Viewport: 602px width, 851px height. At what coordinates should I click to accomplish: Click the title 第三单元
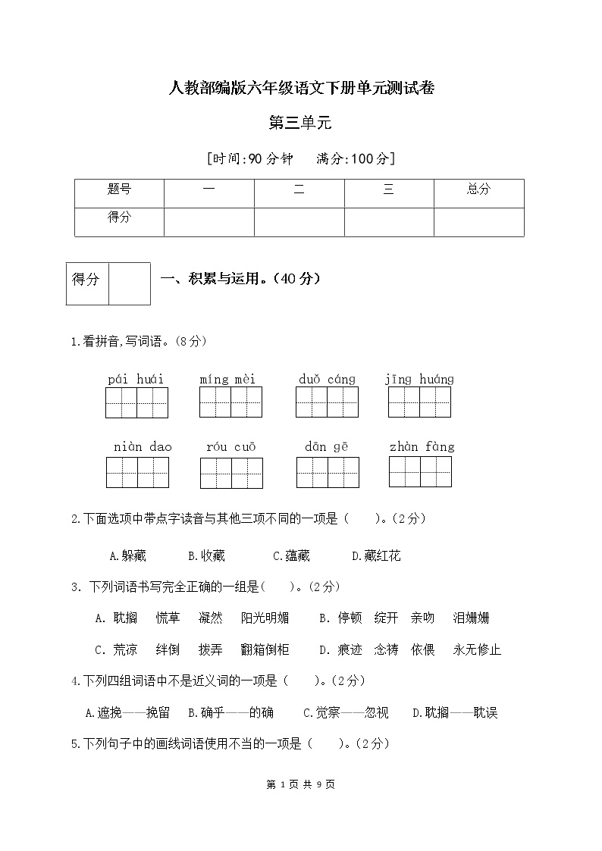(x=301, y=123)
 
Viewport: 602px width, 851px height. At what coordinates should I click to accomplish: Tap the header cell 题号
(x=119, y=189)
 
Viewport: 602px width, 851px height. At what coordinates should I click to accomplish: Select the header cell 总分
(x=478, y=189)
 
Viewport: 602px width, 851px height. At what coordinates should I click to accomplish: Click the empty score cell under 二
(x=299, y=221)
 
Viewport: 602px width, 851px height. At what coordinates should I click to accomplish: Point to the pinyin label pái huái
(x=136, y=379)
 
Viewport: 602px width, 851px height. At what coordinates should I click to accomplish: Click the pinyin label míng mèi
(x=227, y=379)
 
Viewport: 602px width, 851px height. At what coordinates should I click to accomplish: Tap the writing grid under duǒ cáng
(x=327, y=402)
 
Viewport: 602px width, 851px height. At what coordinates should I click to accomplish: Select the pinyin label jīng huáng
(x=419, y=379)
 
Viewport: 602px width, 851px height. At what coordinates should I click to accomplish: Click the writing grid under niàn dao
(x=136, y=472)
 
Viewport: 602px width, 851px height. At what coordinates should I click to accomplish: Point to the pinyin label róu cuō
(x=230, y=447)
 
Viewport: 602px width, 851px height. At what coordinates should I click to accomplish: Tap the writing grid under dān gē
(x=327, y=472)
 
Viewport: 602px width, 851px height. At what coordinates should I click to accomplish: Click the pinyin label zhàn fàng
(x=422, y=447)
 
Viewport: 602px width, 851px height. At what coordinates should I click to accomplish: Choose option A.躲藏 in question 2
(x=127, y=556)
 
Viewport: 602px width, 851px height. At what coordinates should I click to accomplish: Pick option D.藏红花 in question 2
(x=376, y=556)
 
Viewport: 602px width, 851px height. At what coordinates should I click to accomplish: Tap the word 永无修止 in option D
(x=477, y=650)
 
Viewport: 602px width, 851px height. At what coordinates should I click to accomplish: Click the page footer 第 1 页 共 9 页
(x=301, y=785)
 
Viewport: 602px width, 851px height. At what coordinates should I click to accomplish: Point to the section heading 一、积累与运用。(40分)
(x=241, y=279)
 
